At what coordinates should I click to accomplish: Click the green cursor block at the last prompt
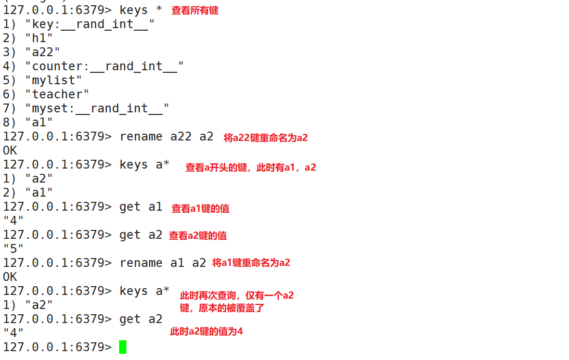click(123, 346)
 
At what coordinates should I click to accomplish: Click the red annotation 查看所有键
click(195, 10)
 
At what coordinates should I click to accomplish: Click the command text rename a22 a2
click(166, 136)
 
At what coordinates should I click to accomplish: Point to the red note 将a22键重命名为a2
click(266, 138)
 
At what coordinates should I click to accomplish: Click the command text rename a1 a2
click(163, 263)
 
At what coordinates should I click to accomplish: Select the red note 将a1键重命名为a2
click(251, 263)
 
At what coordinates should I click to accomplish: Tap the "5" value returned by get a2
click(14, 249)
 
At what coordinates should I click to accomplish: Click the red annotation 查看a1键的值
click(200, 209)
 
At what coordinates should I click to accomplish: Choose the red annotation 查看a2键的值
click(198, 236)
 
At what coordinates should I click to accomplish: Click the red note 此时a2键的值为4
click(206, 331)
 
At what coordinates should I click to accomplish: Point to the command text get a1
click(141, 207)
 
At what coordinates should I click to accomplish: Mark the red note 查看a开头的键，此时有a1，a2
click(251, 168)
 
